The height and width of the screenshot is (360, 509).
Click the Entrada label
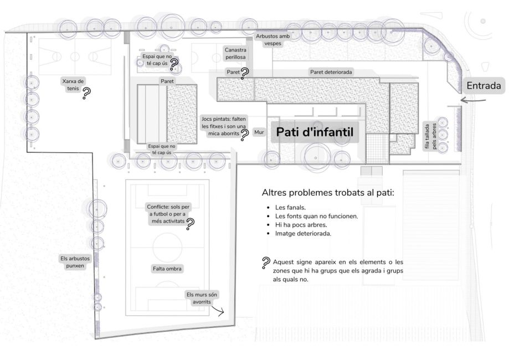484,86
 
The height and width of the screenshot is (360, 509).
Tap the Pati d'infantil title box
315,132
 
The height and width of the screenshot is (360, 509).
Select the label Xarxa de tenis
73,85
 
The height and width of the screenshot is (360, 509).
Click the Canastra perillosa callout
235,54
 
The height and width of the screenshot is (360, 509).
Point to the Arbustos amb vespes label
273,40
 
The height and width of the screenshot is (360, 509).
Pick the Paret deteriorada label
331,72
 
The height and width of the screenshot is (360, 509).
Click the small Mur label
259,132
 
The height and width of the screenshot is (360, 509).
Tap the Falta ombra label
167,269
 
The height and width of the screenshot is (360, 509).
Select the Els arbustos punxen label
75,262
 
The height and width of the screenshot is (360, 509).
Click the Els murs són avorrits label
202,298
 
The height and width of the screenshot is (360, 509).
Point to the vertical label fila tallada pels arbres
430,136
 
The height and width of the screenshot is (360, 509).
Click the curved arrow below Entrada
473,100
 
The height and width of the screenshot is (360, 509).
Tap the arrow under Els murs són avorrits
217,311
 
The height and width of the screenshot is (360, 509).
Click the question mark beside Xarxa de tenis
86,94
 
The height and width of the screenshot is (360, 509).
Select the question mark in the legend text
266,263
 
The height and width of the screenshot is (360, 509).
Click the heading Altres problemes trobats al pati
328,193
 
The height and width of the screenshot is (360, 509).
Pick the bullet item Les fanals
290,208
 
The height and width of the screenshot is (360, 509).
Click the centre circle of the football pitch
167,248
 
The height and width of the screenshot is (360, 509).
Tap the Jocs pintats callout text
224,126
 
